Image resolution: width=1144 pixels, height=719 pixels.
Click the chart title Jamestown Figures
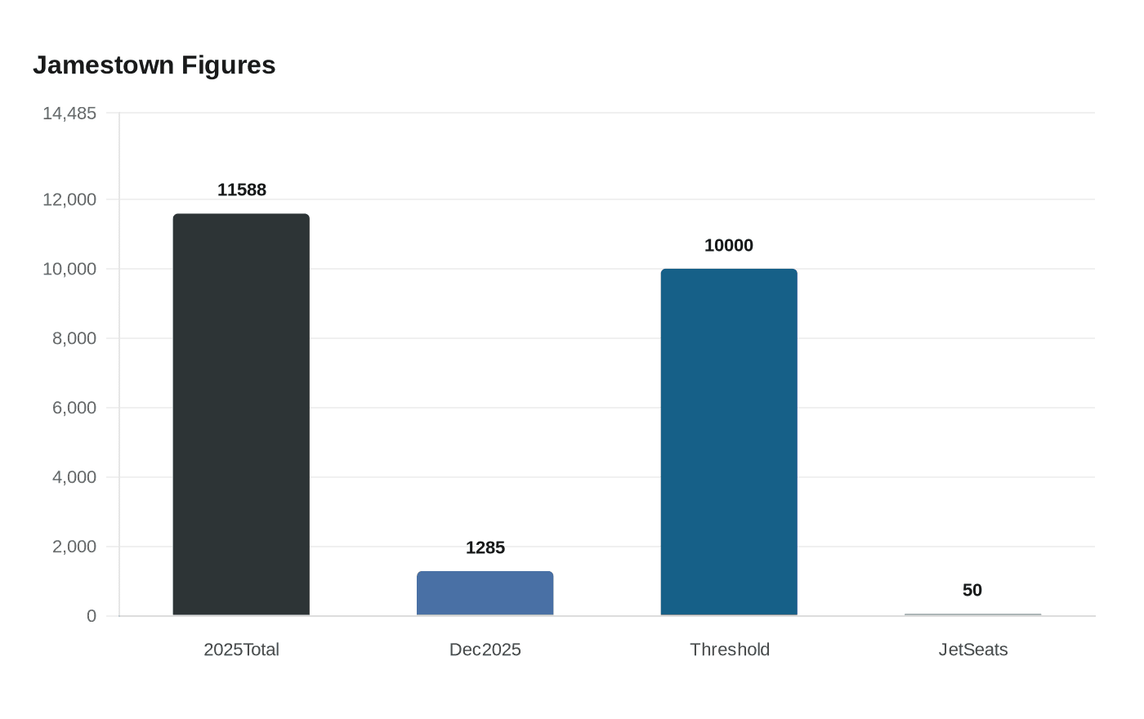pyautogui.click(x=154, y=65)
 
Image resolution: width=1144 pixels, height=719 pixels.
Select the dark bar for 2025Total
pyautogui.click(x=241, y=414)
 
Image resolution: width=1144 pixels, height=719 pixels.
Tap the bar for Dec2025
pyautogui.click(x=485, y=593)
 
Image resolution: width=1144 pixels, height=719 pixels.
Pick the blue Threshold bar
pyautogui.click(x=729, y=442)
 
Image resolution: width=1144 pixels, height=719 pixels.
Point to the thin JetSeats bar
pyautogui.click(x=972, y=614)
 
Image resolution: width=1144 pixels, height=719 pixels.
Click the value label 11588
pyautogui.click(x=242, y=190)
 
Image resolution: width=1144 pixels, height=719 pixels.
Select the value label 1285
pyautogui.click(x=485, y=547)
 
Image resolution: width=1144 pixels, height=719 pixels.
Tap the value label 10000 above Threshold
pyautogui.click(x=729, y=245)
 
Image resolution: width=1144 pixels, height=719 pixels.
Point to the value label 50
pyautogui.click(x=972, y=590)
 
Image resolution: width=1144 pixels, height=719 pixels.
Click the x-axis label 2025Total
pyautogui.click(x=241, y=650)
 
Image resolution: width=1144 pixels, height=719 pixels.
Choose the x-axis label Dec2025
pyautogui.click(x=485, y=650)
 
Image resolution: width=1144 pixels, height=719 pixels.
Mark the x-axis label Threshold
pyautogui.click(x=730, y=650)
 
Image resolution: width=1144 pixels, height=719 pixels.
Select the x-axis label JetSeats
pyautogui.click(x=973, y=650)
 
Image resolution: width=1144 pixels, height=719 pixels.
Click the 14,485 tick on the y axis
pyautogui.click(x=69, y=114)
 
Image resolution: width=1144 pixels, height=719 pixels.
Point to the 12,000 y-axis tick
pyautogui.click(x=69, y=199)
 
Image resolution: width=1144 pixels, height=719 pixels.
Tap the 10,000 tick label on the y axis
pyautogui.click(x=69, y=269)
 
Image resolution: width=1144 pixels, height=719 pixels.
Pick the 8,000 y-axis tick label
pyautogui.click(x=74, y=338)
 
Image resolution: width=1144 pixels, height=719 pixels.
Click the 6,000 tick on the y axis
pyautogui.click(x=74, y=408)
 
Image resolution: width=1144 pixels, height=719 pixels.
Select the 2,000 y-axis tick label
pyautogui.click(x=74, y=547)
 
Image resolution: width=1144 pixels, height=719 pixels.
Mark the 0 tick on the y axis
pyautogui.click(x=92, y=616)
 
